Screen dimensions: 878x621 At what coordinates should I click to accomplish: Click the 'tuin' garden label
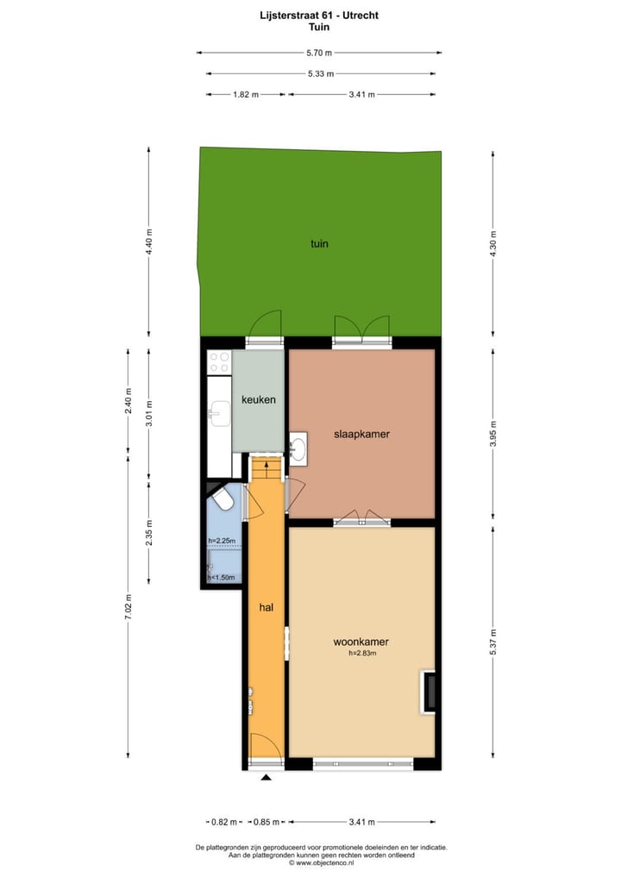click(x=319, y=243)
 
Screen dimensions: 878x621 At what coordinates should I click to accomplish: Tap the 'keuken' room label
click(x=258, y=400)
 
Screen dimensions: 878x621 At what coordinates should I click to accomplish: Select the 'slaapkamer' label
click(x=361, y=434)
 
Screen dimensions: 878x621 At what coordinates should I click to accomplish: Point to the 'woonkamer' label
click(x=361, y=642)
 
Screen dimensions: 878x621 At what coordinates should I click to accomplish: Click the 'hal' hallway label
click(x=267, y=607)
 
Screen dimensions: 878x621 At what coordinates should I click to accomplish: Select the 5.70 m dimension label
click(x=319, y=53)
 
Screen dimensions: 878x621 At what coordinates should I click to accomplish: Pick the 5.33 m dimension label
click(x=320, y=73)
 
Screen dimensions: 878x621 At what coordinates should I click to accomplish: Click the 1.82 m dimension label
click(x=246, y=95)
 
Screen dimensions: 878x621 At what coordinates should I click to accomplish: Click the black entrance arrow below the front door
click(x=266, y=778)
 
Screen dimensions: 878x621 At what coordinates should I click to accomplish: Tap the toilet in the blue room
click(x=223, y=500)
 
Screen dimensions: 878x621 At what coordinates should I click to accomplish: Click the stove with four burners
click(x=219, y=362)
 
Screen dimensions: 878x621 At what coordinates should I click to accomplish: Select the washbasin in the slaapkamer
click(x=298, y=448)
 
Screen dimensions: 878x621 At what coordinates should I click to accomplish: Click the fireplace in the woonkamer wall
click(x=427, y=690)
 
